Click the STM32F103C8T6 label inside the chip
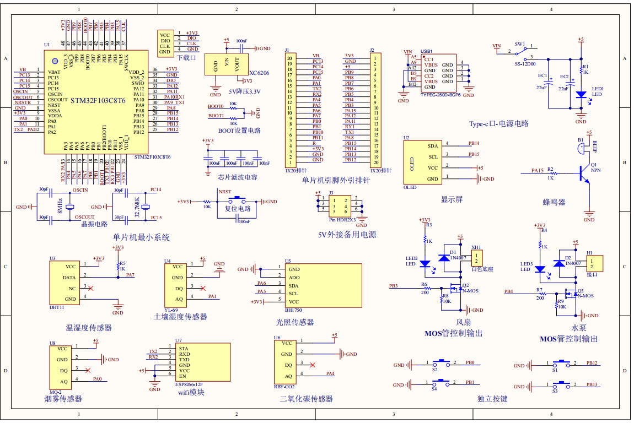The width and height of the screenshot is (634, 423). (98, 101)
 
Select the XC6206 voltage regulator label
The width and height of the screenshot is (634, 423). (259, 73)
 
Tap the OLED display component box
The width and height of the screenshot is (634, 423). (422, 162)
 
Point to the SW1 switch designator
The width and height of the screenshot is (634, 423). (520, 44)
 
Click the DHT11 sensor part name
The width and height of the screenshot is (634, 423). (57, 307)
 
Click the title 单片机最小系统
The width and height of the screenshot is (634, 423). (141, 237)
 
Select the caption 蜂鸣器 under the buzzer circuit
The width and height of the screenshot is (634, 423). (554, 202)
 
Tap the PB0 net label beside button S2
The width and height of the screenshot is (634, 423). (470, 363)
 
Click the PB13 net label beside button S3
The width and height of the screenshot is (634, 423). (592, 384)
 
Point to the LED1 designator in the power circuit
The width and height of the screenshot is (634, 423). (598, 88)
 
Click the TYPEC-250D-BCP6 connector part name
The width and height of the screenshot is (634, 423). (440, 95)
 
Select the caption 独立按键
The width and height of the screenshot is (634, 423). (492, 399)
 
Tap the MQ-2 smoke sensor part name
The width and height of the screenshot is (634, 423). (56, 391)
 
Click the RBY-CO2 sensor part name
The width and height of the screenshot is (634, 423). (285, 387)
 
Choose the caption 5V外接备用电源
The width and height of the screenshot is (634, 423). (347, 234)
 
